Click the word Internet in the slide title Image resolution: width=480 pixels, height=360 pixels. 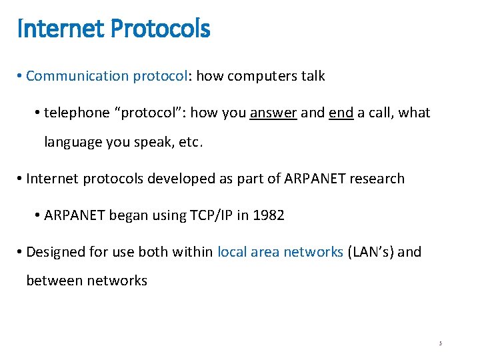coord(51,29)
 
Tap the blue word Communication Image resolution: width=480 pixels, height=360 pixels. coord(77,76)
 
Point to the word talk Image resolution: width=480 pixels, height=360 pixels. coord(313,76)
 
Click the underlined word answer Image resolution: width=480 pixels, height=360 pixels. coord(273,113)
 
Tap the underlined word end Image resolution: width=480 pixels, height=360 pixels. coord(341,113)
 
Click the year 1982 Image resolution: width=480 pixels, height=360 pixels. coord(269,216)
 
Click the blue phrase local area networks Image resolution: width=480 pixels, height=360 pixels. coord(280,252)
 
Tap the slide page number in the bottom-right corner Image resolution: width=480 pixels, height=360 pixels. coord(441,343)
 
